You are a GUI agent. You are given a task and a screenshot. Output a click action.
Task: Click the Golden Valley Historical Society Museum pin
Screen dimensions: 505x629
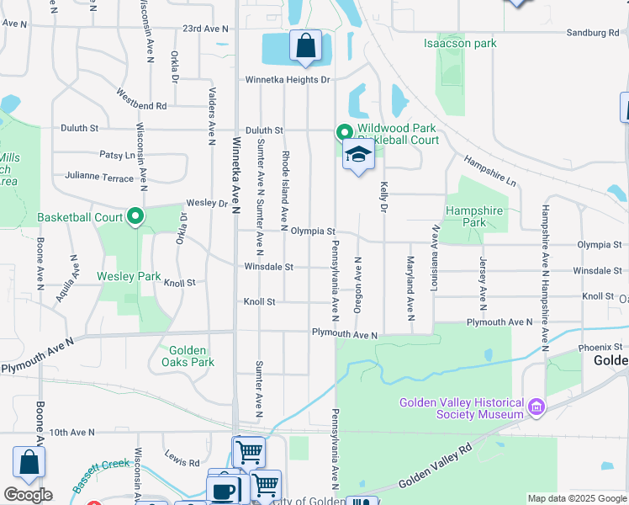pyautogui.click(x=536, y=409)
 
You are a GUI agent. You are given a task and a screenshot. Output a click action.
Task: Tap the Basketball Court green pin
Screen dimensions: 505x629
pyautogui.click(x=135, y=218)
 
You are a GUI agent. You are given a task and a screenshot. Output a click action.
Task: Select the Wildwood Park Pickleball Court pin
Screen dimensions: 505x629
pyautogui.click(x=343, y=132)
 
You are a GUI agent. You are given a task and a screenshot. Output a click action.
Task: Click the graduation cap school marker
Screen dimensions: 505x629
pyautogui.click(x=358, y=156)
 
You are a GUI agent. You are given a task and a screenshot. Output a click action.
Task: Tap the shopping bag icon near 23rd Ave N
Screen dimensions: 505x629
pyautogui.click(x=305, y=45)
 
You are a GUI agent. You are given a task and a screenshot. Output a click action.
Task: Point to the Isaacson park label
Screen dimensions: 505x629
pyautogui.click(x=460, y=43)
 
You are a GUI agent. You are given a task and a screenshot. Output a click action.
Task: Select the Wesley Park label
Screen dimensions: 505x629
pyautogui.click(x=129, y=276)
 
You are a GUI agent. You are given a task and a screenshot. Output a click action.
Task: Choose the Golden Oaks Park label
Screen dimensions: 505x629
pyautogui.click(x=188, y=356)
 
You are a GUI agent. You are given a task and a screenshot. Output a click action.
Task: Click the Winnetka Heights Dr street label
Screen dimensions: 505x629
pyautogui.click(x=288, y=80)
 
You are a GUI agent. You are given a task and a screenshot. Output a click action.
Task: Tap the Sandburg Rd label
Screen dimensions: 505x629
pyautogui.click(x=592, y=33)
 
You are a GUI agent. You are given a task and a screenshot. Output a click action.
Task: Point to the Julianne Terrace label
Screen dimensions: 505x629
pyautogui.click(x=99, y=178)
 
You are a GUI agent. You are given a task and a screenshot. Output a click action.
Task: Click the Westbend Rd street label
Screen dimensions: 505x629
pyautogui.click(x=141, y=99)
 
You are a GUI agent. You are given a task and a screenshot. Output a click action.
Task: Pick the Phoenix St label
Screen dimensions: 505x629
pyautogui.click(x=599, y=347)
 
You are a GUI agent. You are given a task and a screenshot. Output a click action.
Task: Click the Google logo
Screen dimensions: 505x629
pyautogui.click(x=27, y=495)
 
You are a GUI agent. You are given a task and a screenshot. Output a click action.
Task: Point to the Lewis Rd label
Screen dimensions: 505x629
pyautogui.click(x=182, y=462)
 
